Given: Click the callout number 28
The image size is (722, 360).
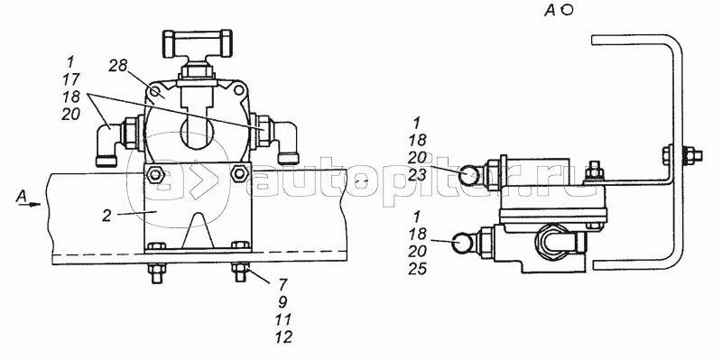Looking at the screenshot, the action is click(x=118, y=66).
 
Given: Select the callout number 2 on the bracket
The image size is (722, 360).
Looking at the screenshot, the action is click(x=106, y=216).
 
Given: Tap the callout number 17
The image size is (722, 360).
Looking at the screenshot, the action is click(x=70, y=78).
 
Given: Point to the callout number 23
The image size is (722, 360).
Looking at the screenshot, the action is click(x=417, y=175).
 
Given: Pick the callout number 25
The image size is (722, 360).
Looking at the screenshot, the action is click(x=417, y=268).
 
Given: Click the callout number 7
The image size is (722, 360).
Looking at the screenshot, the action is click(x=282, y=284).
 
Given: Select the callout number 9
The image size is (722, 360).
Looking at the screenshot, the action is click(x=282, y=301).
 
